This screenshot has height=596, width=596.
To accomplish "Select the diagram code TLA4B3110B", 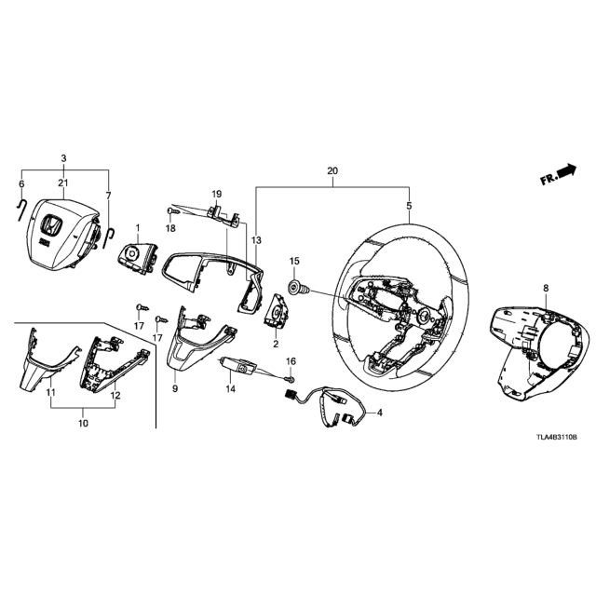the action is [x=557, y=438].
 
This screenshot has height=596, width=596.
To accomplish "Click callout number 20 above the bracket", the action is [x=332, y=171].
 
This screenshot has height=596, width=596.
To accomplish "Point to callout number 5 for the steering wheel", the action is [x=409, y=206].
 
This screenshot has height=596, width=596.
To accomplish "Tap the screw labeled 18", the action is [x=171, y=210].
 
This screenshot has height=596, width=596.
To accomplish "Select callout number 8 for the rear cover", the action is [x=546, y=289].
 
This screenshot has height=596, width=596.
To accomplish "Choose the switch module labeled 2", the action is [x=276, y=310].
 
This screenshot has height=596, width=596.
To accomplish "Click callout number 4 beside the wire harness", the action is [x=379, y=412].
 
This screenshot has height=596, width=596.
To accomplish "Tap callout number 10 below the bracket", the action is [x=83, y=423].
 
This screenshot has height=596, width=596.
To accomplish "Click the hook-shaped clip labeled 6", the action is [x=20, y=210].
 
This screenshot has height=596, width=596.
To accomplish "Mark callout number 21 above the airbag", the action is [x=63, y=183].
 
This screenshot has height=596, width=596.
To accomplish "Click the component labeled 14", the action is [x=237, y=364].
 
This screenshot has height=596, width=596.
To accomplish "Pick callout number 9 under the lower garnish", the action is [x=175, y=389].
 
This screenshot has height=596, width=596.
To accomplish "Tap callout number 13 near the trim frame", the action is [x=257, y=240].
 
